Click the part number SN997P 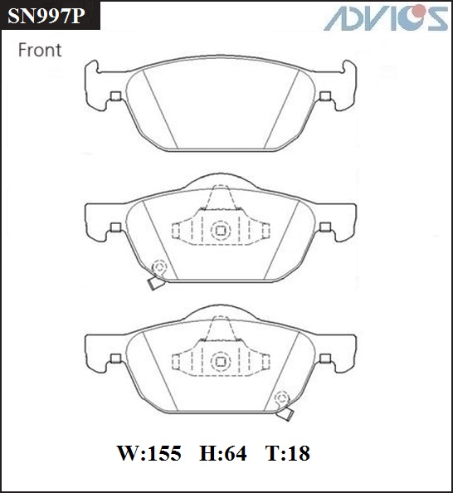[x=46, y=16]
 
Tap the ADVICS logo [x=387, y=18]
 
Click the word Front [x=40, y=50]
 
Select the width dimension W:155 [x=149, y=453]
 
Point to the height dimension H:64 [x=223, y=453]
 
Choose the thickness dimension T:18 [x=288, y=453]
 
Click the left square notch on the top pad [x=116, y=96]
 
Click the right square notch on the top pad [x=325, y=96]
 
